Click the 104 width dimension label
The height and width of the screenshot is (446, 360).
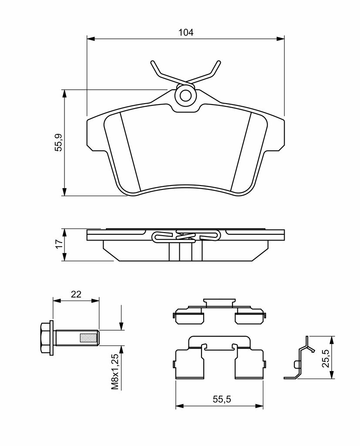click(x=186, y=32)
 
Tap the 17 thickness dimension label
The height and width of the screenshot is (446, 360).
click(x=59, y=244)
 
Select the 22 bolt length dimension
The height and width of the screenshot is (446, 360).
click(x=76, y=294)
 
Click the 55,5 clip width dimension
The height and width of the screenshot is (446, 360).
click(x=222, y=399)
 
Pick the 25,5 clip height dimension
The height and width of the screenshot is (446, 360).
click(x=326, y=358)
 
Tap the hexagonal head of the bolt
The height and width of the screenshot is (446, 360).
click(x=46, y=338)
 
